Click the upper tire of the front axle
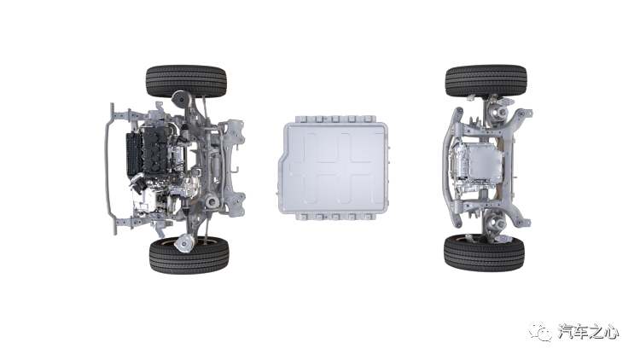(186, 81)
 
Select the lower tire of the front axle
(189, 255)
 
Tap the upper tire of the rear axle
(486, 80)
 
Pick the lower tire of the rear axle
(484, 254)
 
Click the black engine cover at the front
(154, 150)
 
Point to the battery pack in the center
(334, 168)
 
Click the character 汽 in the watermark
(565, 332)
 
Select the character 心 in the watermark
(610, 332)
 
